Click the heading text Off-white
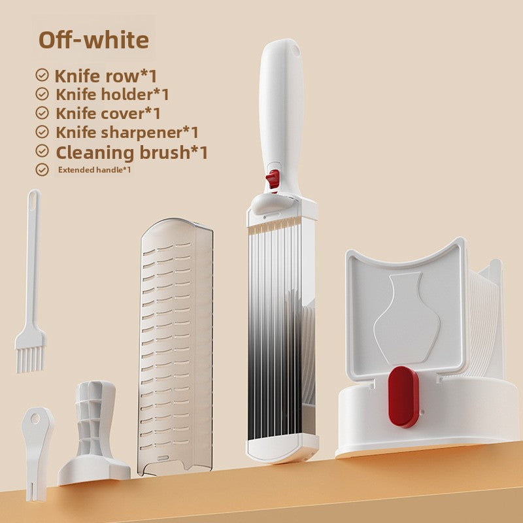click(x=93, y=39)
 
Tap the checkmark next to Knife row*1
click(x=42, y=75)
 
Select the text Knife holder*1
click(x=112, y=94)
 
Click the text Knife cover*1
click(x=109, y=113)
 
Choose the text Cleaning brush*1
click(x=131, y=152)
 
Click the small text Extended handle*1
click(x=95, y=170)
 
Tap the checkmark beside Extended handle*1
click(x=42, y=170)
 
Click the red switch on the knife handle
click(x=273, y=178)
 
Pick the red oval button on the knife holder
click(x=403, y=397)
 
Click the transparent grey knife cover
click(x=176, y=346)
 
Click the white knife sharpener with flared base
click(x=94, y=431)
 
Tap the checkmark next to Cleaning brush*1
click(x=42, y=152)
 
